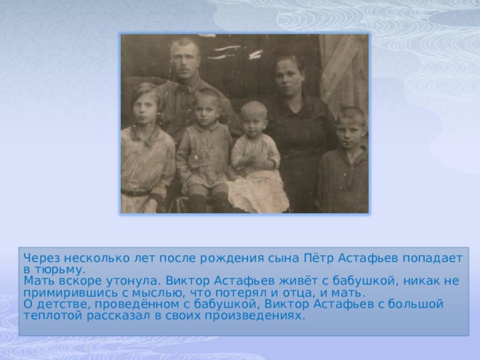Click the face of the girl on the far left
point(147,104)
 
